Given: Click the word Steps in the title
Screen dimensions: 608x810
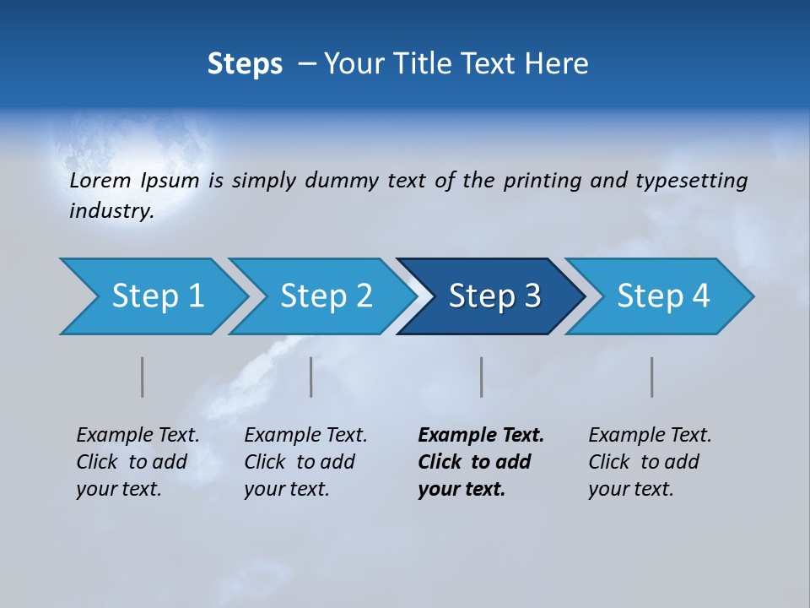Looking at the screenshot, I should tap(245, 64).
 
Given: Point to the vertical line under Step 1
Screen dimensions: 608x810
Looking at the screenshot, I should tap(143, 377).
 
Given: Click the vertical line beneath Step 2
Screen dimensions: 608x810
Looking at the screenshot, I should tap(311, 377).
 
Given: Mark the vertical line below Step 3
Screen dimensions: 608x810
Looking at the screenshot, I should tap(482, 377).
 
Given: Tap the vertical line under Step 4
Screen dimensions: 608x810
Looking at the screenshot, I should tap(652, 377).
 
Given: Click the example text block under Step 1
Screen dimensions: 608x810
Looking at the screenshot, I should tap(138, 462).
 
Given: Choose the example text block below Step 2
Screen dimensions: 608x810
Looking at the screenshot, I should tap(305, 462).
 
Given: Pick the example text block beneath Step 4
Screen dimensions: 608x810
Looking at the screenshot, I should tap(650, 462).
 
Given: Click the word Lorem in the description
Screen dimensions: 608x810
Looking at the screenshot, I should tap(100, 181).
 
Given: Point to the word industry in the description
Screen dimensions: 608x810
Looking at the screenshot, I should tap(111, 211).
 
